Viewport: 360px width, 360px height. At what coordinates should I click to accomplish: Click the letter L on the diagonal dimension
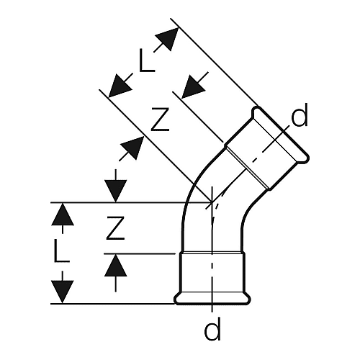147,60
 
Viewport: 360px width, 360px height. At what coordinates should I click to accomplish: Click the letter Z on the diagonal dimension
160,120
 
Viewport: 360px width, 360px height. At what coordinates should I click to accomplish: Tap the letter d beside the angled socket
300,115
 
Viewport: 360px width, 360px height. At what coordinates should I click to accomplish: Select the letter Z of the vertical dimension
115,228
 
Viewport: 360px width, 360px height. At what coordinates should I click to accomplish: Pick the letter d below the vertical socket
212,328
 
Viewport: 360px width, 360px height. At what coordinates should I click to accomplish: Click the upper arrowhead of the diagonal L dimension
167,39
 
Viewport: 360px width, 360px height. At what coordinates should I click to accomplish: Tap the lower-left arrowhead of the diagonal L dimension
120,86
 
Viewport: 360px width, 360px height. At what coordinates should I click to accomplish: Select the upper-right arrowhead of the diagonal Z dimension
194,86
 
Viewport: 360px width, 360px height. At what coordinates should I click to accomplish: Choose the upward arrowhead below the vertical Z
116,266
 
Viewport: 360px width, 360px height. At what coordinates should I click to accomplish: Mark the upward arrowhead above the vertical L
63,215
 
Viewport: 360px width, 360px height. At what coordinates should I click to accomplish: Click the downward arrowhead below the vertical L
63,292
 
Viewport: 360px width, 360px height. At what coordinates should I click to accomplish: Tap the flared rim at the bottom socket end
212,299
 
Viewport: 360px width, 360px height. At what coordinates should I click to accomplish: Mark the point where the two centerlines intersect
212,203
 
